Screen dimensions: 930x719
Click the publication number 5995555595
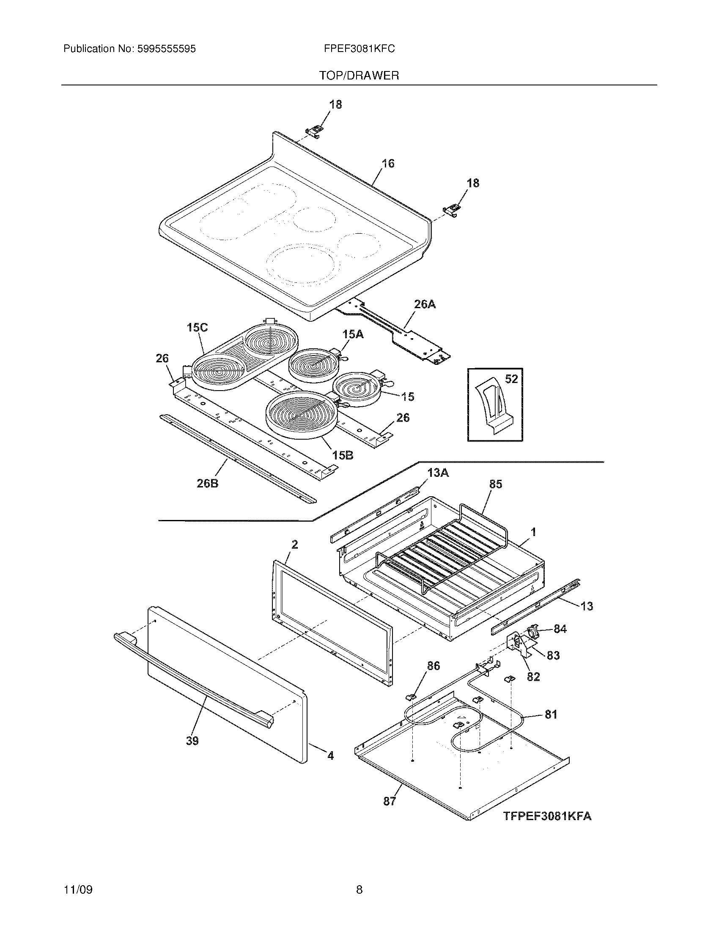(x=166, y=49)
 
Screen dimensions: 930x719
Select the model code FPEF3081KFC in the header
(x=359, y=49)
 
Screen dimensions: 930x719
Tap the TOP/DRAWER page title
(x=359, y=76)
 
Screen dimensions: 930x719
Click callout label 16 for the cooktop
(x=387, y=164)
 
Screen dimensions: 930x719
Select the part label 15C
(x=197, y=328)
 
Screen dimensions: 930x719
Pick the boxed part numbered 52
(x=495, y=405)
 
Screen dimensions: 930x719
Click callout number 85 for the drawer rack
(x=496, y=484)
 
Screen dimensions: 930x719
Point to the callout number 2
(x=294, y=544)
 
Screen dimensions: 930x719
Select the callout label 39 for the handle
(x=192, y=741)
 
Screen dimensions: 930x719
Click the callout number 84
(x=560, y=629)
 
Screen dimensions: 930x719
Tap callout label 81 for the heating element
(x=551, y=714)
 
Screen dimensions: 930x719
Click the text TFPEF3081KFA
(x=547, y=816)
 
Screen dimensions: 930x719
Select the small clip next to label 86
(x=411, y=697)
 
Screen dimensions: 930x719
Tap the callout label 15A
(x=353, y=335)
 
